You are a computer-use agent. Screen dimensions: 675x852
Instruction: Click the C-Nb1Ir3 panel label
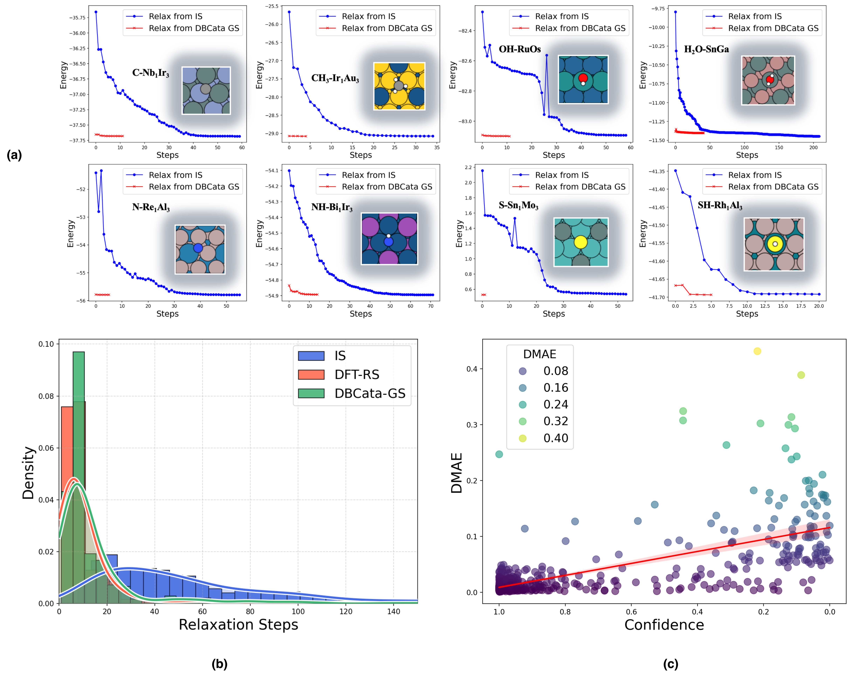151,73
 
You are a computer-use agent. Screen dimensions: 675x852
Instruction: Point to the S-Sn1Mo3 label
518,205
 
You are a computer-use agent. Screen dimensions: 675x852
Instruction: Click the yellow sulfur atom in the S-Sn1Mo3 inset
580,242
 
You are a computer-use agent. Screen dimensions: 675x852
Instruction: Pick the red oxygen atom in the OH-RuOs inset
583,78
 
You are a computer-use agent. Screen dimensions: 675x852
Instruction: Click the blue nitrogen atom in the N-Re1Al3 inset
198,248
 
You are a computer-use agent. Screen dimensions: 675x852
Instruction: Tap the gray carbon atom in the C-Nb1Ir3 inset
205,89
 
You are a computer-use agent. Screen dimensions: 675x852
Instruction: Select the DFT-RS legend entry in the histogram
356,374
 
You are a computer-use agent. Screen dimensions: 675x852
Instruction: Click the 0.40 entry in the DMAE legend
555,438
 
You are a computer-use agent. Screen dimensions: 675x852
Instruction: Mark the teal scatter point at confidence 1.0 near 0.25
499,454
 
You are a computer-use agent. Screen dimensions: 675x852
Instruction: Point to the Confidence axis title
664,625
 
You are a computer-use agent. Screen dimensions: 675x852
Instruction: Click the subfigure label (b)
219,664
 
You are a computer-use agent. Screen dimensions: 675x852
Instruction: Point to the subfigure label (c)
671,664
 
